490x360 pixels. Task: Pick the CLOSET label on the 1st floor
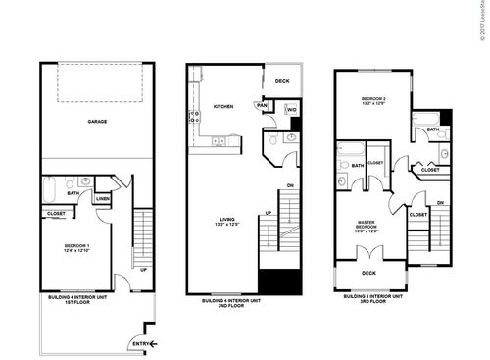pos(57,212)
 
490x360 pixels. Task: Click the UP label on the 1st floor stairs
pos(143,270)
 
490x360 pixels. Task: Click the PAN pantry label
pos(262,105)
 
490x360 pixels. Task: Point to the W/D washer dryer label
pos(291,110)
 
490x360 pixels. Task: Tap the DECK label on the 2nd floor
pos(282,81)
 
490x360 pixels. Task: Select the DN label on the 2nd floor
pos(290,185)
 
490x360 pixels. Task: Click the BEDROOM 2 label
pos(374,101)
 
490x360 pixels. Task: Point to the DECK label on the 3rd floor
pos(368,274)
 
